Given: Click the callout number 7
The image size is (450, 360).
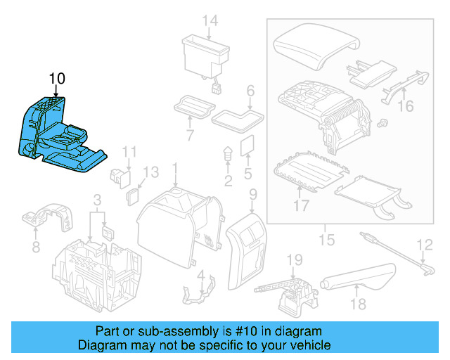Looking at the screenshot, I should (189, 134).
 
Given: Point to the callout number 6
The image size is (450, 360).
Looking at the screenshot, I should (250, 91).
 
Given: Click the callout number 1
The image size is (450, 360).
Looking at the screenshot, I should (175, 169).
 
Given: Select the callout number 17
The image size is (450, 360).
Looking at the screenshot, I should (300, 206).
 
